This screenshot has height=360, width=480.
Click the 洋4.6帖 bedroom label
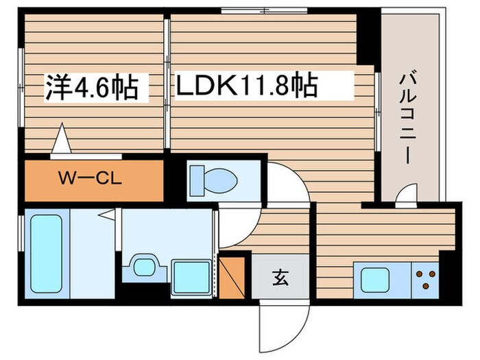tap(93, 87)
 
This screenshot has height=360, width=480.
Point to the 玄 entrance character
tap(280, 278)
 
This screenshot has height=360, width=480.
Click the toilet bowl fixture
tap(213, 180)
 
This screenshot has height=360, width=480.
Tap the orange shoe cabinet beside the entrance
tap(231, 275)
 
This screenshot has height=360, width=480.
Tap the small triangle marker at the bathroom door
tap(107, 215)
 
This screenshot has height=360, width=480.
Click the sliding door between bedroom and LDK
tap(167, 82)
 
